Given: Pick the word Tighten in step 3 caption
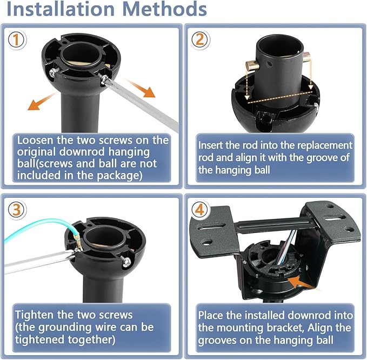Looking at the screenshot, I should click(x=34, y=315).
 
